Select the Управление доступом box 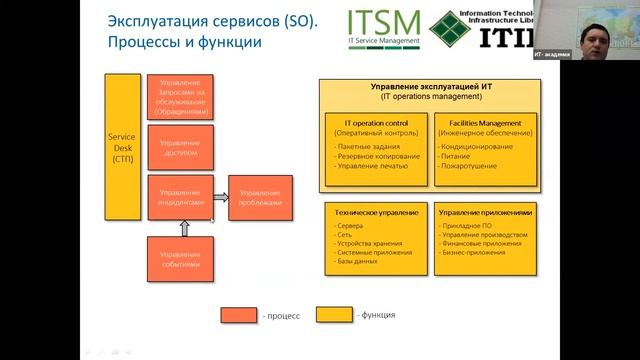[x=180, y=148]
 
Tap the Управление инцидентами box [x=180, y=198]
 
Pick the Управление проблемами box [x=260, y=198]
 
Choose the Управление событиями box [x=180, y=259]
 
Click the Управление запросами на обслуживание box [x=180, y=97]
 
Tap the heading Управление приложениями [x=485, y=213]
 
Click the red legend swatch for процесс [x=239, y=316]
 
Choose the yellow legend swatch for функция [x=334, y=315]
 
